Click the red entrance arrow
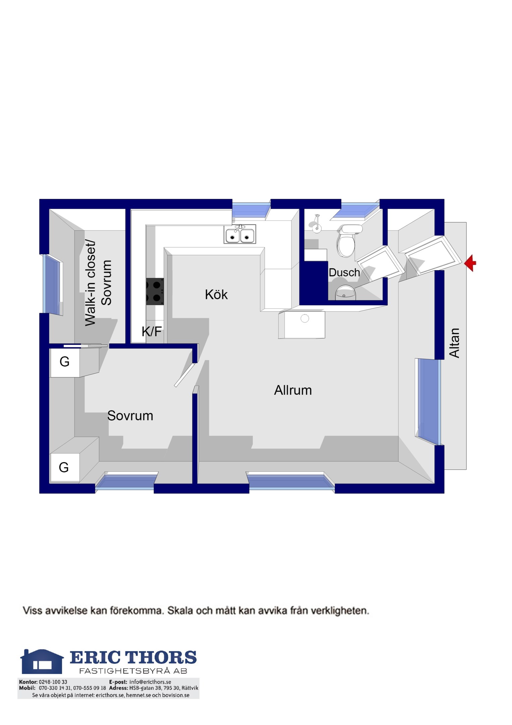coord(470,263)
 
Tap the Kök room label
coord(216,295)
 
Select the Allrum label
coord(293,390)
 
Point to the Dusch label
coord(344,273)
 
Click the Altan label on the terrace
coord(454,343)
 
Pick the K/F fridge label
coord(152,332)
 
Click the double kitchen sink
coord(240,234)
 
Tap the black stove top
coord(155,291)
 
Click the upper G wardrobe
coord(64,362)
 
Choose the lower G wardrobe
coord(64,468)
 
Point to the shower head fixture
coord(316,224)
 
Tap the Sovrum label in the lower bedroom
coord(130,416)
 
